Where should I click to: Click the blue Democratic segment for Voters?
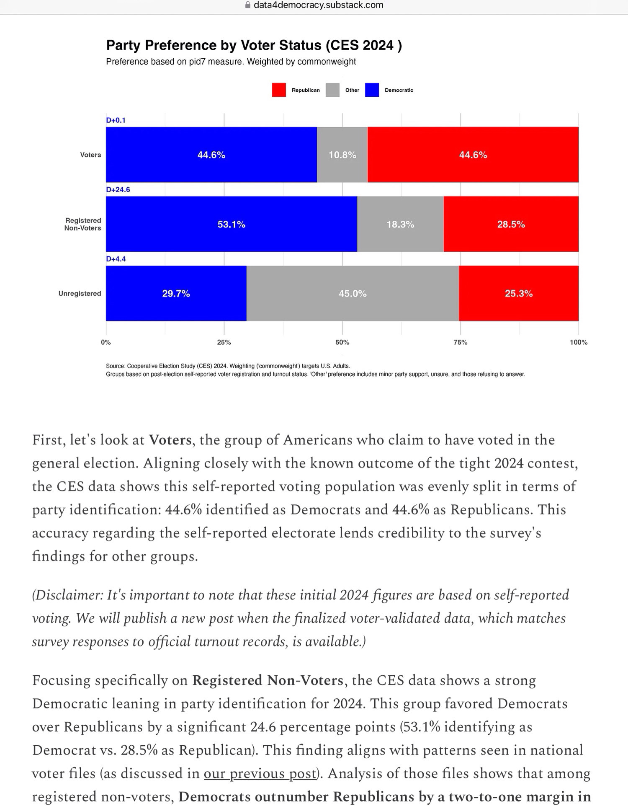[211, 155]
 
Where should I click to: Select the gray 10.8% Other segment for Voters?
[342, 155]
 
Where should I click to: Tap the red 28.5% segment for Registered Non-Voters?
[511, 224]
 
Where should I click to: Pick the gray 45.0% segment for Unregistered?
[353, 293]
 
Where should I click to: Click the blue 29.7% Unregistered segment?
[176, 293]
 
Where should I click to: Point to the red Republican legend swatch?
[279, 90]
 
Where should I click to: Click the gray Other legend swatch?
[332, 90]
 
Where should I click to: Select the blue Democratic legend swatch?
[372, 90]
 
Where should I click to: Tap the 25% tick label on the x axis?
[224, 342]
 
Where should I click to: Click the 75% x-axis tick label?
[461, 342]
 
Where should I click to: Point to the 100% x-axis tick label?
[579, 342]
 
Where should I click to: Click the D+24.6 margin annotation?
[118, 190]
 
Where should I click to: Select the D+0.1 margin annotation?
[116, 120]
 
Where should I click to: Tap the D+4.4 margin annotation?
[116, 259]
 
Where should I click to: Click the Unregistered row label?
[80, 293]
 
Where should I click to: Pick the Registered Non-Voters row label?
[83, 224]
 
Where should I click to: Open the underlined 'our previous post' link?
[260, 773]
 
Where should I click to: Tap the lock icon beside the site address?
[247, 5]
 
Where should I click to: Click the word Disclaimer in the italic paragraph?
[68, 595]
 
